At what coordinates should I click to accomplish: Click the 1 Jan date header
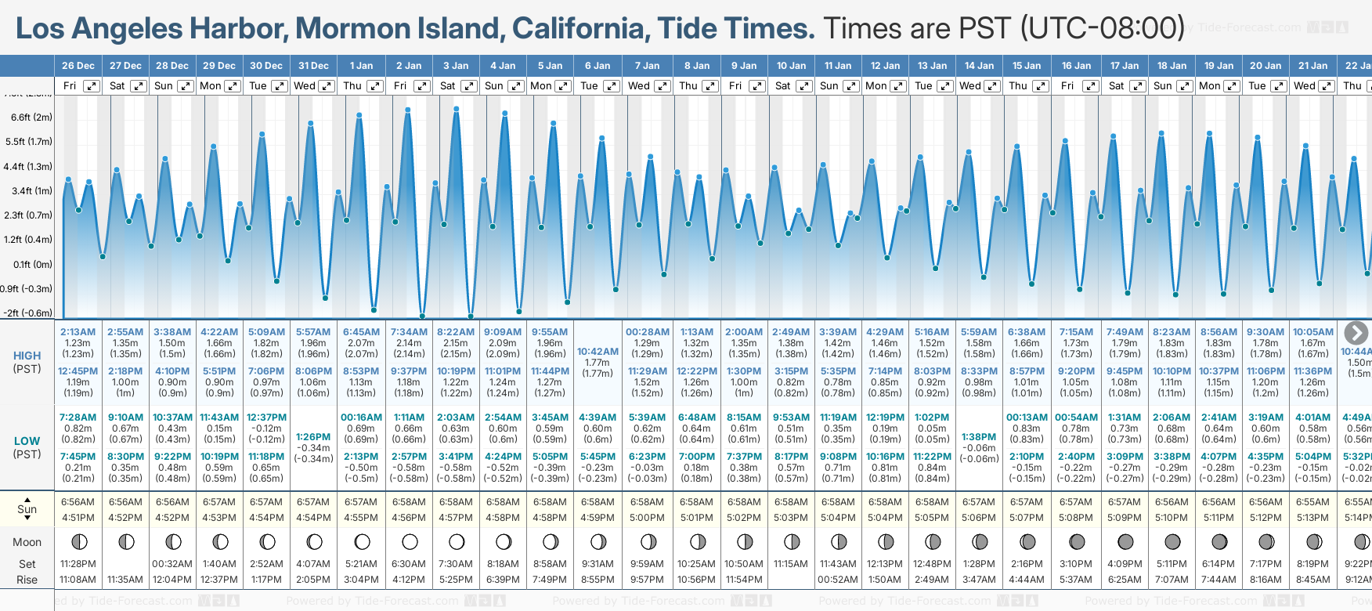[361, 66]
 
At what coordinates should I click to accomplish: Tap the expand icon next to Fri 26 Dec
[92, 86]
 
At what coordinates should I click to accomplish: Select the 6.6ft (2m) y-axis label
[32, 117]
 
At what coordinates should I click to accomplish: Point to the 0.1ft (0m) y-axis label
[32, 264]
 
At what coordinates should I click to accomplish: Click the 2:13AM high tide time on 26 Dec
[78, 332]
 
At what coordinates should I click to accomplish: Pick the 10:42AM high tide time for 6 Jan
[598, 352]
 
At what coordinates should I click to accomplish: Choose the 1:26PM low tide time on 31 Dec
[313, 437]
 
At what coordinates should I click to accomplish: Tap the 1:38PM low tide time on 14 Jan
[979, 437]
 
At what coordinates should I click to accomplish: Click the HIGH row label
[27, 356]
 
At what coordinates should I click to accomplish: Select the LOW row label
[27, 441]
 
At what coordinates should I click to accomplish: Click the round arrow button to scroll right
[1356, 333]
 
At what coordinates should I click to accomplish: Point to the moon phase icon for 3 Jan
[457, 541]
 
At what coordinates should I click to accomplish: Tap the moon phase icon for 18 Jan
[1172, 541]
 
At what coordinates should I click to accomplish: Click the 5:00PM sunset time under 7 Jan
[647, 518]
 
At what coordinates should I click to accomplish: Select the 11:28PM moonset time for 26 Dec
[78, 564]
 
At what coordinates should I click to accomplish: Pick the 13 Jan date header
[933, 66]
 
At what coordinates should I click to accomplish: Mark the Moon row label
[27, 542]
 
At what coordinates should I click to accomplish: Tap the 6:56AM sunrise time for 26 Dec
[78, 502]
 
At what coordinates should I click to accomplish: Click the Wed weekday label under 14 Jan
[969, 86]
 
